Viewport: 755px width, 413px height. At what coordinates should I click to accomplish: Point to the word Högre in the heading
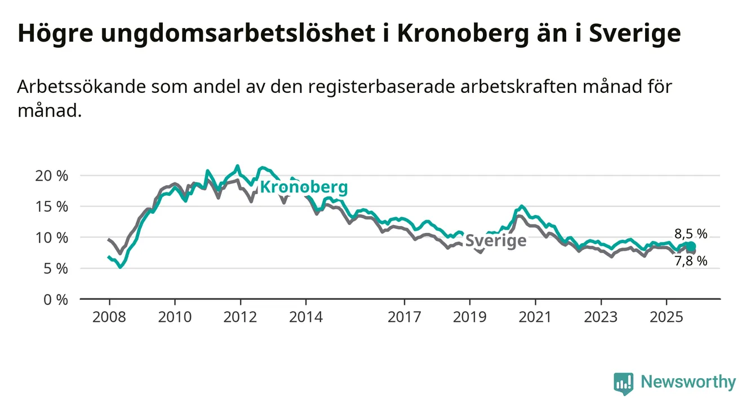click(x=54, y=34)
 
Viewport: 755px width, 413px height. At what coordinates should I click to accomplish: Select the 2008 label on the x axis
click(x=109, y=317)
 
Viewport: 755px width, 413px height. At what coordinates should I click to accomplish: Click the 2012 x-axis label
click(x=241, y=317)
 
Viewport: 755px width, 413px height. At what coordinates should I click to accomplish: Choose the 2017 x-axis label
click(x=405, y=317)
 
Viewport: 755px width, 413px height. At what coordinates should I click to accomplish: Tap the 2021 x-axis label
click(x=535, y=317)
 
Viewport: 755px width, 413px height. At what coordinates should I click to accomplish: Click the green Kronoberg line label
click(x=304, y=187)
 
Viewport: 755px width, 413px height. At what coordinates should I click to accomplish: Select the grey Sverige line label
click(x=496, y=241)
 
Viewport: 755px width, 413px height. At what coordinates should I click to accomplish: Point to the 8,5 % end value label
click(x=691, y=234)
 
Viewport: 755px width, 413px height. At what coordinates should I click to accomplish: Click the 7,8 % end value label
click(x=691, y=261)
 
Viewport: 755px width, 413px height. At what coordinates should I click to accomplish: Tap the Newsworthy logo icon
click(x=624, y=383)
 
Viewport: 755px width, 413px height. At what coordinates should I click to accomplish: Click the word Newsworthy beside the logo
click(x=688, y=383)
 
